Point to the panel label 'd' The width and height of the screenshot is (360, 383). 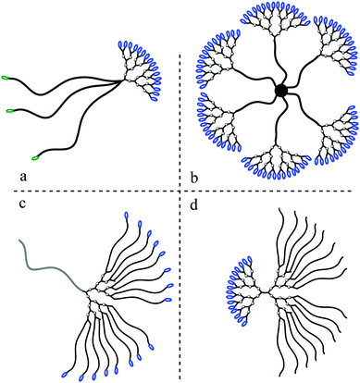(191, 205)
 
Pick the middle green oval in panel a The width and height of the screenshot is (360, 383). (12, 111)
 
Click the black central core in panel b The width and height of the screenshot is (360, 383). (279, 91)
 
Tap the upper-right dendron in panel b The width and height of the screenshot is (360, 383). (329, 56)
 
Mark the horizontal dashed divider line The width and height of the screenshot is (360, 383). (93, 191)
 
